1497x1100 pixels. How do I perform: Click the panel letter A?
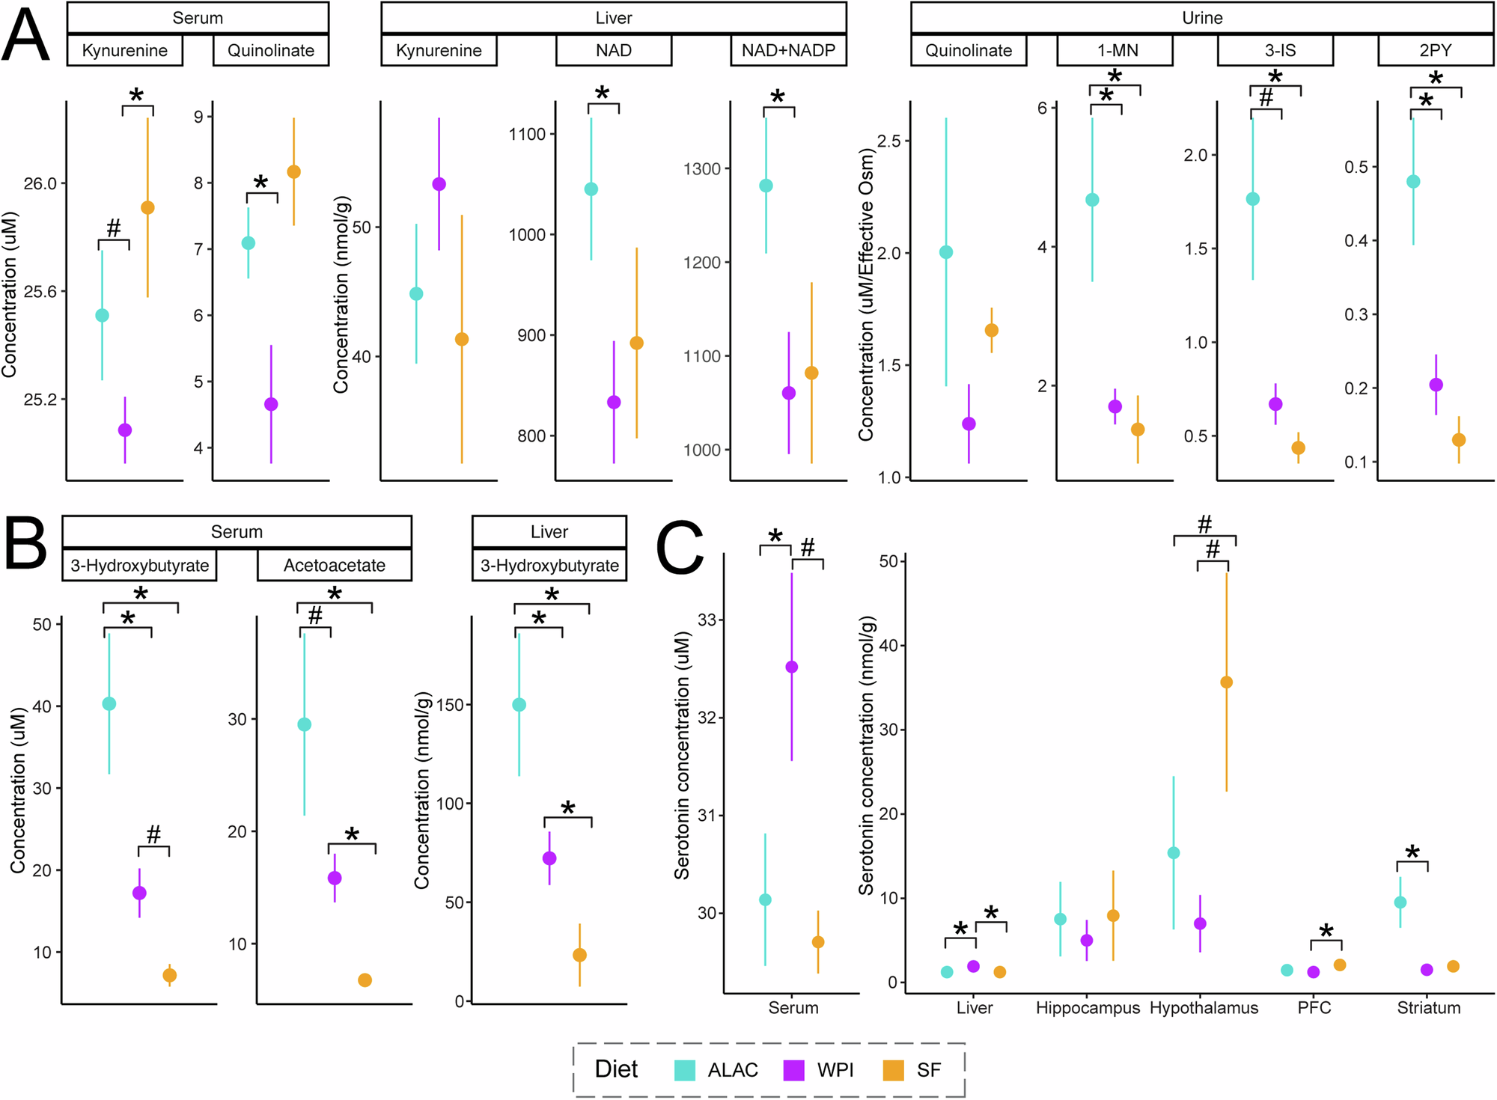tap(26, 35)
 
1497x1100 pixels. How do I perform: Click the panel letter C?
tap(679, 547)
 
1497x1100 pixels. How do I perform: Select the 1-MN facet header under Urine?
tap(1115, 50)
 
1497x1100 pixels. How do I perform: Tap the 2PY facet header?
tap(1435, 50)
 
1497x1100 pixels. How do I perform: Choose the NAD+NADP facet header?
tap(788, 50)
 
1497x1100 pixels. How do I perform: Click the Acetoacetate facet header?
tap(334, 565)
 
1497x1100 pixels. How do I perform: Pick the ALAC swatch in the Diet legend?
tap(684, 1070)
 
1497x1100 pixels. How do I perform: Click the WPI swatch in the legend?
tap(793, 1070)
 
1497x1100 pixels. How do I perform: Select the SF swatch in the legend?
tap(893, 1070)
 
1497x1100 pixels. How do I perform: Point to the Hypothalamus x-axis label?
tap(1204, 1008)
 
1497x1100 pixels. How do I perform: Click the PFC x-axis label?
tap(1314, 1008)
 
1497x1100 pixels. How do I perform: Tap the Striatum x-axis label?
tap(1428, 1008)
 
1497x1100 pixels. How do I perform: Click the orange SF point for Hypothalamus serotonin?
tap(1226, 682)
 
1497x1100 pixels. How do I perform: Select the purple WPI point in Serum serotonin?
tap(791, 667)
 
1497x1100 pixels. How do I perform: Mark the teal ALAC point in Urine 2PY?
tap(1413, 181)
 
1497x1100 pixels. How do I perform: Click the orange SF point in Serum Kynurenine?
tap(147, 207)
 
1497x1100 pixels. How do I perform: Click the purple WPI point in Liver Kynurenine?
tap(439, 184)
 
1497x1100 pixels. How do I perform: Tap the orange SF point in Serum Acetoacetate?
tap(365, 980)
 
